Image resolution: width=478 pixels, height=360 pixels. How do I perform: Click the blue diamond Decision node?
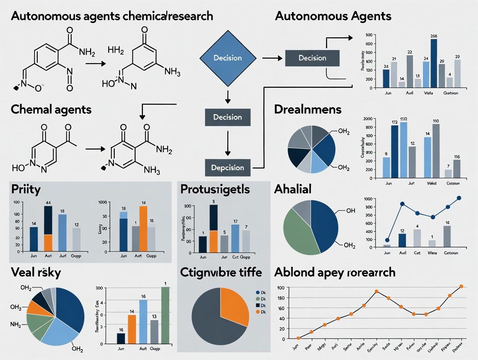point(227,58)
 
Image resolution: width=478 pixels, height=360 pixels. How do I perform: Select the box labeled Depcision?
point(228,167)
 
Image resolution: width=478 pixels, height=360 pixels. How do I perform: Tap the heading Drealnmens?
point(308,109)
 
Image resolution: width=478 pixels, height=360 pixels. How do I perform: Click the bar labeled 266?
point(434,63)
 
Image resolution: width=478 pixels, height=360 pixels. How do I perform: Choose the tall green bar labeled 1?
point(165,315)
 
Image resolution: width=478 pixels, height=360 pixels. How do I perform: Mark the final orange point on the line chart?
point(461,286)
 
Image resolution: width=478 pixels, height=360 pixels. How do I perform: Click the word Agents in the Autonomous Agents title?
point(368,16)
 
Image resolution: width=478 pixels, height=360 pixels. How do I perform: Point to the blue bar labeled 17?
point(235,238)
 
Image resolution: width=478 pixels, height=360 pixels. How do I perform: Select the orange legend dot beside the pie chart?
point(258,312)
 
